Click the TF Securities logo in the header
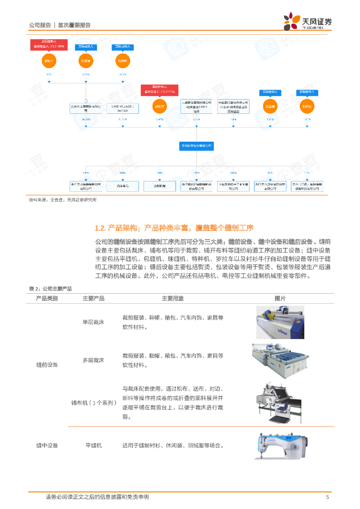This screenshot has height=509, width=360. tap(308, 22)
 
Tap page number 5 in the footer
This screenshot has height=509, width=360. tap(327, 497)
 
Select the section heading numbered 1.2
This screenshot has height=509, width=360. tap(174, 228)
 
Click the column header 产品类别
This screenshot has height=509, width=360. tap(47, 298)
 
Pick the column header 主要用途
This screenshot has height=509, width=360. tap(173, 298)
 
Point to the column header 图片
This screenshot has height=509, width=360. tap(280, 298)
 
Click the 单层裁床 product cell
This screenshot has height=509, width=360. tap(93, 322)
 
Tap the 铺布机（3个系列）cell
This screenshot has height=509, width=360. tap(93, 403)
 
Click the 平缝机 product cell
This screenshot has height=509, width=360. tap(93, 445)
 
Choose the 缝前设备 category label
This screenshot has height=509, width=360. tap(47, 365)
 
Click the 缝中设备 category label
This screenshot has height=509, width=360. tap(47, 445)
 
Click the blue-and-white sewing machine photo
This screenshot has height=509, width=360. tap(280, 445)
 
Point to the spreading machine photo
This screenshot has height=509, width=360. tap(280, 402)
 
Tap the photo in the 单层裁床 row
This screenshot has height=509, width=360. tap(280, 322)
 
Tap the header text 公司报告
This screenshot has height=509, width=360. tap(40, 25)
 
